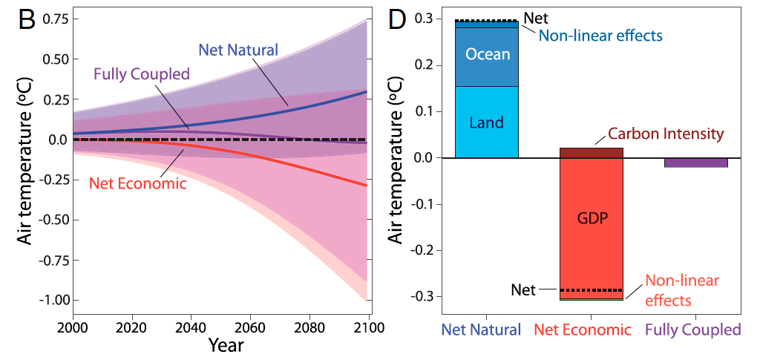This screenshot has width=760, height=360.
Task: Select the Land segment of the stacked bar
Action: point(486,122)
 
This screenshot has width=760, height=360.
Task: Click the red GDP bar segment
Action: point(591,220)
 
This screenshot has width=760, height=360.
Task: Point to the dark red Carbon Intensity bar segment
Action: point(591,153)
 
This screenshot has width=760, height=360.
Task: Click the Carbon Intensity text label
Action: point(664,134)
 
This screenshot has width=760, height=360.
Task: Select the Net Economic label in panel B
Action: point(137,183)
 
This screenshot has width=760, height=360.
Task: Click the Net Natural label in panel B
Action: point(237,50)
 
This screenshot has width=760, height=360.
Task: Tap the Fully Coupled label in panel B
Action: point(141,73)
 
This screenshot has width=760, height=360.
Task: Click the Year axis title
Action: point(226,345)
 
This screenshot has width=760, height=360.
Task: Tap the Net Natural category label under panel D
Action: point(481,330)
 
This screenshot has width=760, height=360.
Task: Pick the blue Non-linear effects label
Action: point(600,35)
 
